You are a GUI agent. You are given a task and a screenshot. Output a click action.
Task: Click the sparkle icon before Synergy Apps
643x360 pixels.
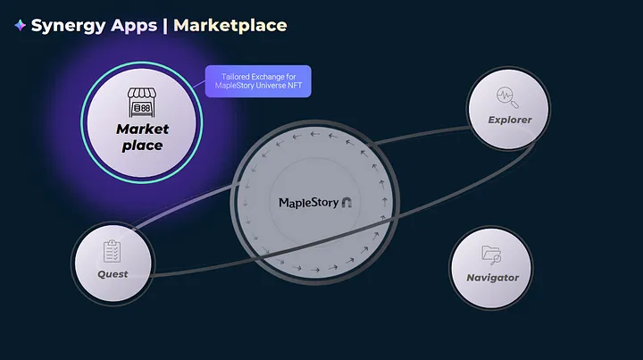20,26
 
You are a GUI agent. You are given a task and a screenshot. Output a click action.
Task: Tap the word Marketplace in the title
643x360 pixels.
230,26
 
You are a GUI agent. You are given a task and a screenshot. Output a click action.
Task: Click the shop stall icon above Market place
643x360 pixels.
142,100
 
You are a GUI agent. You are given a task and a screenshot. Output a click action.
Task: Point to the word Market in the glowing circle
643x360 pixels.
142,129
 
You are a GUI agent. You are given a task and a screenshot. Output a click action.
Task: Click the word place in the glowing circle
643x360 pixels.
142,145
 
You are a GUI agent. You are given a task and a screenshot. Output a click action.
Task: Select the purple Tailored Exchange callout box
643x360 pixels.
258,82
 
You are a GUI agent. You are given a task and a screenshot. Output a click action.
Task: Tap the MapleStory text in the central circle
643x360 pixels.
308,203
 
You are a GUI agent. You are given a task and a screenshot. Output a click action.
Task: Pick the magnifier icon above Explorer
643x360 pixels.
510,97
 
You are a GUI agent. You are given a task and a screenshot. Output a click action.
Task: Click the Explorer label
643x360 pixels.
510,120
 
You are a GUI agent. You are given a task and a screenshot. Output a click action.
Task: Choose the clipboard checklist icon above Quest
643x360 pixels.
113,251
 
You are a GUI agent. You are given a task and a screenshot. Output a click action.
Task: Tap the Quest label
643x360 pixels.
113,273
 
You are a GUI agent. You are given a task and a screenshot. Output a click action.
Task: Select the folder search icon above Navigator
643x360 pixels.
492,255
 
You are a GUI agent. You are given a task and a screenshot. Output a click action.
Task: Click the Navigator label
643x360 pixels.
492,277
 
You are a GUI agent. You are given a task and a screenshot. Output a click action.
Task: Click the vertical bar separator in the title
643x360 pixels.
165,26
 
